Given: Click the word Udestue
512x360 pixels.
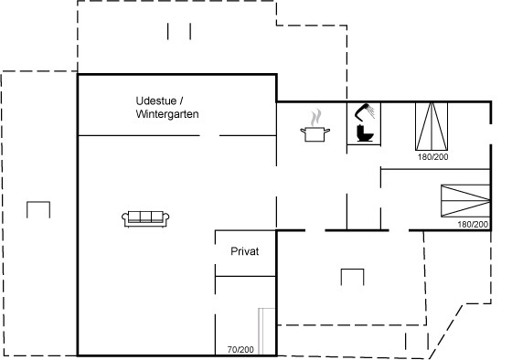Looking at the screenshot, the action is click(156, 101).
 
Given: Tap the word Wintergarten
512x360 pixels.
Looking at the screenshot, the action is click(167, 114).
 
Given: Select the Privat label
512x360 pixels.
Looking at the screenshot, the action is click(245, 251).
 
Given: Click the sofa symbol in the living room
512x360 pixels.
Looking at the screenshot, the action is click(145, 218).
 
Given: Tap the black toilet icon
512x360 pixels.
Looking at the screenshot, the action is click(365, 132).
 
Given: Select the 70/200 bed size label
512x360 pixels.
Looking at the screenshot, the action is click(240, 350).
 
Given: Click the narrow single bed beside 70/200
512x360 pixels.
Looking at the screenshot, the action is click(267, 331).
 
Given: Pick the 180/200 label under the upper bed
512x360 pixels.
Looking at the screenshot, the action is click(433, 156).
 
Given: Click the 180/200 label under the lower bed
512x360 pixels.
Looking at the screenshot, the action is click(473, 224).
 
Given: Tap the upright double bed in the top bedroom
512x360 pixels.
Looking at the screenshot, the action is click(432, 126).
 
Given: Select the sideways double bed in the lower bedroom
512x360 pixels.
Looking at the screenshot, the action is click(465, 201).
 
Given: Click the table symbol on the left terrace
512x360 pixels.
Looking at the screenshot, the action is click(38, 202).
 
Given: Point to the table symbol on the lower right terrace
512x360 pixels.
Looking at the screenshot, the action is click(352, 270).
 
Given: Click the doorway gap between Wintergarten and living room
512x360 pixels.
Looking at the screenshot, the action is click(209, 135).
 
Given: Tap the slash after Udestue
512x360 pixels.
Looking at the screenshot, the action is click(182, 101).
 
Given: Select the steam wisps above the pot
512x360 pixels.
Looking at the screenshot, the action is click(315, 118).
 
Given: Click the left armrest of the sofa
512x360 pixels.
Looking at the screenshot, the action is click(124, 218).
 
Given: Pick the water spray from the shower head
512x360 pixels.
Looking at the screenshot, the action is click(370, 111).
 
